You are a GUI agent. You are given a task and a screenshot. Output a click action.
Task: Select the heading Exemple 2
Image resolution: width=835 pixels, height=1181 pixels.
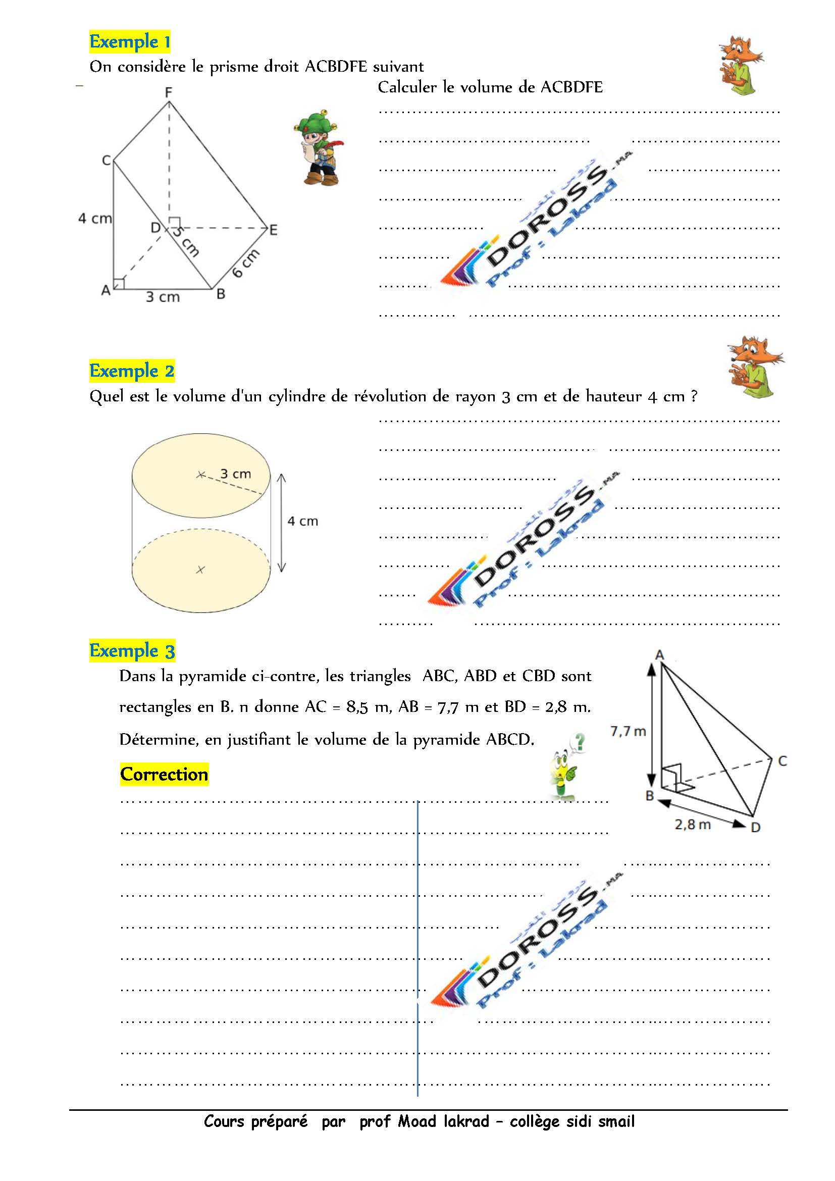[132, 371]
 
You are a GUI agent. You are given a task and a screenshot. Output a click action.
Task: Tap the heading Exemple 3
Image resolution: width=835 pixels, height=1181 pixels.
[132, 651]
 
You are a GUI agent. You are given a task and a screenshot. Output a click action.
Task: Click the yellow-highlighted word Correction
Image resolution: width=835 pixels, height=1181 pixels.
[164, 774]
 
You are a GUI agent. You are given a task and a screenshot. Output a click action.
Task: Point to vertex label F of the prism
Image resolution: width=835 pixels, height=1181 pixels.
[169, 92]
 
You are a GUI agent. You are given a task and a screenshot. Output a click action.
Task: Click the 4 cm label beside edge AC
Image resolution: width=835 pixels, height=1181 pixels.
[95, 219]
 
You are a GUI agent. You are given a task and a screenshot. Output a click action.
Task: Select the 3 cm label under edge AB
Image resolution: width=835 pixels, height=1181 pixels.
[163, 297]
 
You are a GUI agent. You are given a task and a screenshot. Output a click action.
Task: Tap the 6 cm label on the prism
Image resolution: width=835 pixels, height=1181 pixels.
[246, 263]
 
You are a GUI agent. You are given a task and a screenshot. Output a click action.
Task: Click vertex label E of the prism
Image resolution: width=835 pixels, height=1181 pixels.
[274, 230]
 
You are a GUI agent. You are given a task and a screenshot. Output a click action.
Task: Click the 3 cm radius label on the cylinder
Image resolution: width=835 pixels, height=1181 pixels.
[236, 474]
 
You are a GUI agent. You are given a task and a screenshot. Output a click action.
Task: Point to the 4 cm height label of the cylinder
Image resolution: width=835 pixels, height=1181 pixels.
[303, 522]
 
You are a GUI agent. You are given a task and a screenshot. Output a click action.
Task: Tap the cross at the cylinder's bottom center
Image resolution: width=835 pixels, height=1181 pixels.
[200, 570]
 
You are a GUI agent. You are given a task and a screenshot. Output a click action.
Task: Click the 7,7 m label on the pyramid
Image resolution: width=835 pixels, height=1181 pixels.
[628, 732]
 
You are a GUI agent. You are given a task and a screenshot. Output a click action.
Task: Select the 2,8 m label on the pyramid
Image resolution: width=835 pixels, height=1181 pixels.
[693, 825]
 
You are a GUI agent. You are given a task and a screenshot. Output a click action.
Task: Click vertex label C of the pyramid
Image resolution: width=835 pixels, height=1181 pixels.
[782, 761]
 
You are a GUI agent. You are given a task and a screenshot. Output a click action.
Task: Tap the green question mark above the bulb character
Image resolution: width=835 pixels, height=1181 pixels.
[580, 742]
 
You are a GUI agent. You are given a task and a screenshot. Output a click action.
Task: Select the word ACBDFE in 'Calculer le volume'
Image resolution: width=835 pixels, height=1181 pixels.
[571, 87]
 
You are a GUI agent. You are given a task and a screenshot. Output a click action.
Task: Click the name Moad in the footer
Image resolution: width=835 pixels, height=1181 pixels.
[416, 1121]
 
